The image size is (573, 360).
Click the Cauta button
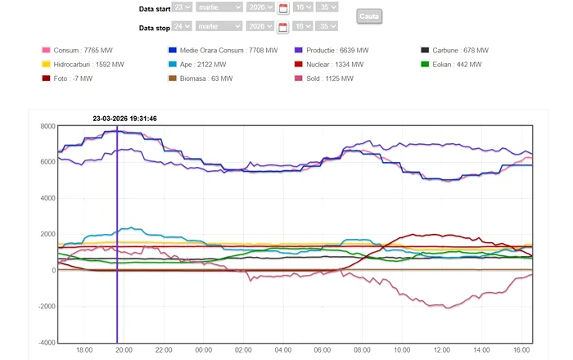(370, 16)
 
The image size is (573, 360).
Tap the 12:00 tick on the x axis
(442, 350)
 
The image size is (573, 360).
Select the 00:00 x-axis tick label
(203, 350)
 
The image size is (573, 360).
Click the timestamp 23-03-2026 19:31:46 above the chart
(124, 119)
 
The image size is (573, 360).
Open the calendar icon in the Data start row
(283, 8)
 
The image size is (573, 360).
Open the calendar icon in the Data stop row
(283, 27)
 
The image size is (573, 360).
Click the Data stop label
(154, 28)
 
